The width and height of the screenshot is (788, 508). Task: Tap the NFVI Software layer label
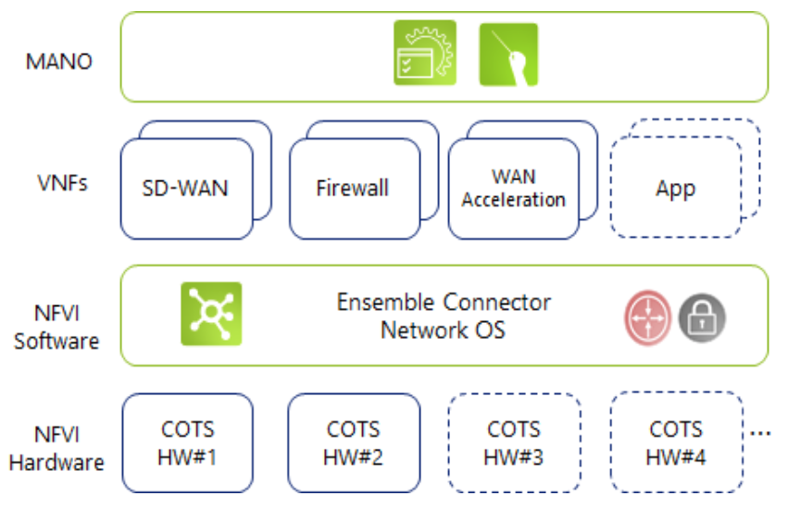click(56, 328)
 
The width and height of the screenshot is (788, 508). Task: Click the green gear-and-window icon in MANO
click(425, 53)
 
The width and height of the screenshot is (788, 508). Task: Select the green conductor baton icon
click(508, 55)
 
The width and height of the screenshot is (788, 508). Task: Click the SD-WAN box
click(186, 189)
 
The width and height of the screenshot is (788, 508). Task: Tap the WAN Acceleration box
click(513, 188)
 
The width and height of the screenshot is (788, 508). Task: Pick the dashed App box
click(675, 189)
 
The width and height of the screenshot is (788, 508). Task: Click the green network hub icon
click(211, 315)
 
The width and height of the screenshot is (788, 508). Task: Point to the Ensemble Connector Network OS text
click(444, 316)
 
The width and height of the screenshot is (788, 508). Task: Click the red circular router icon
click(646, 319)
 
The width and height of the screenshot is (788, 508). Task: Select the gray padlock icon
click(702, 319)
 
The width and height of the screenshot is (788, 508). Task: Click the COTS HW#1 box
click(188, 442)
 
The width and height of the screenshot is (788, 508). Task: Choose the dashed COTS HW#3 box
click(514, 442)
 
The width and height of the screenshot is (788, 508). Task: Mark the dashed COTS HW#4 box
click(675, 442)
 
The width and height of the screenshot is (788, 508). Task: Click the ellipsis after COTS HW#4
click(761, 433)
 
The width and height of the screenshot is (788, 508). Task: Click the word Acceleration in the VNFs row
click(513, 200)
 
